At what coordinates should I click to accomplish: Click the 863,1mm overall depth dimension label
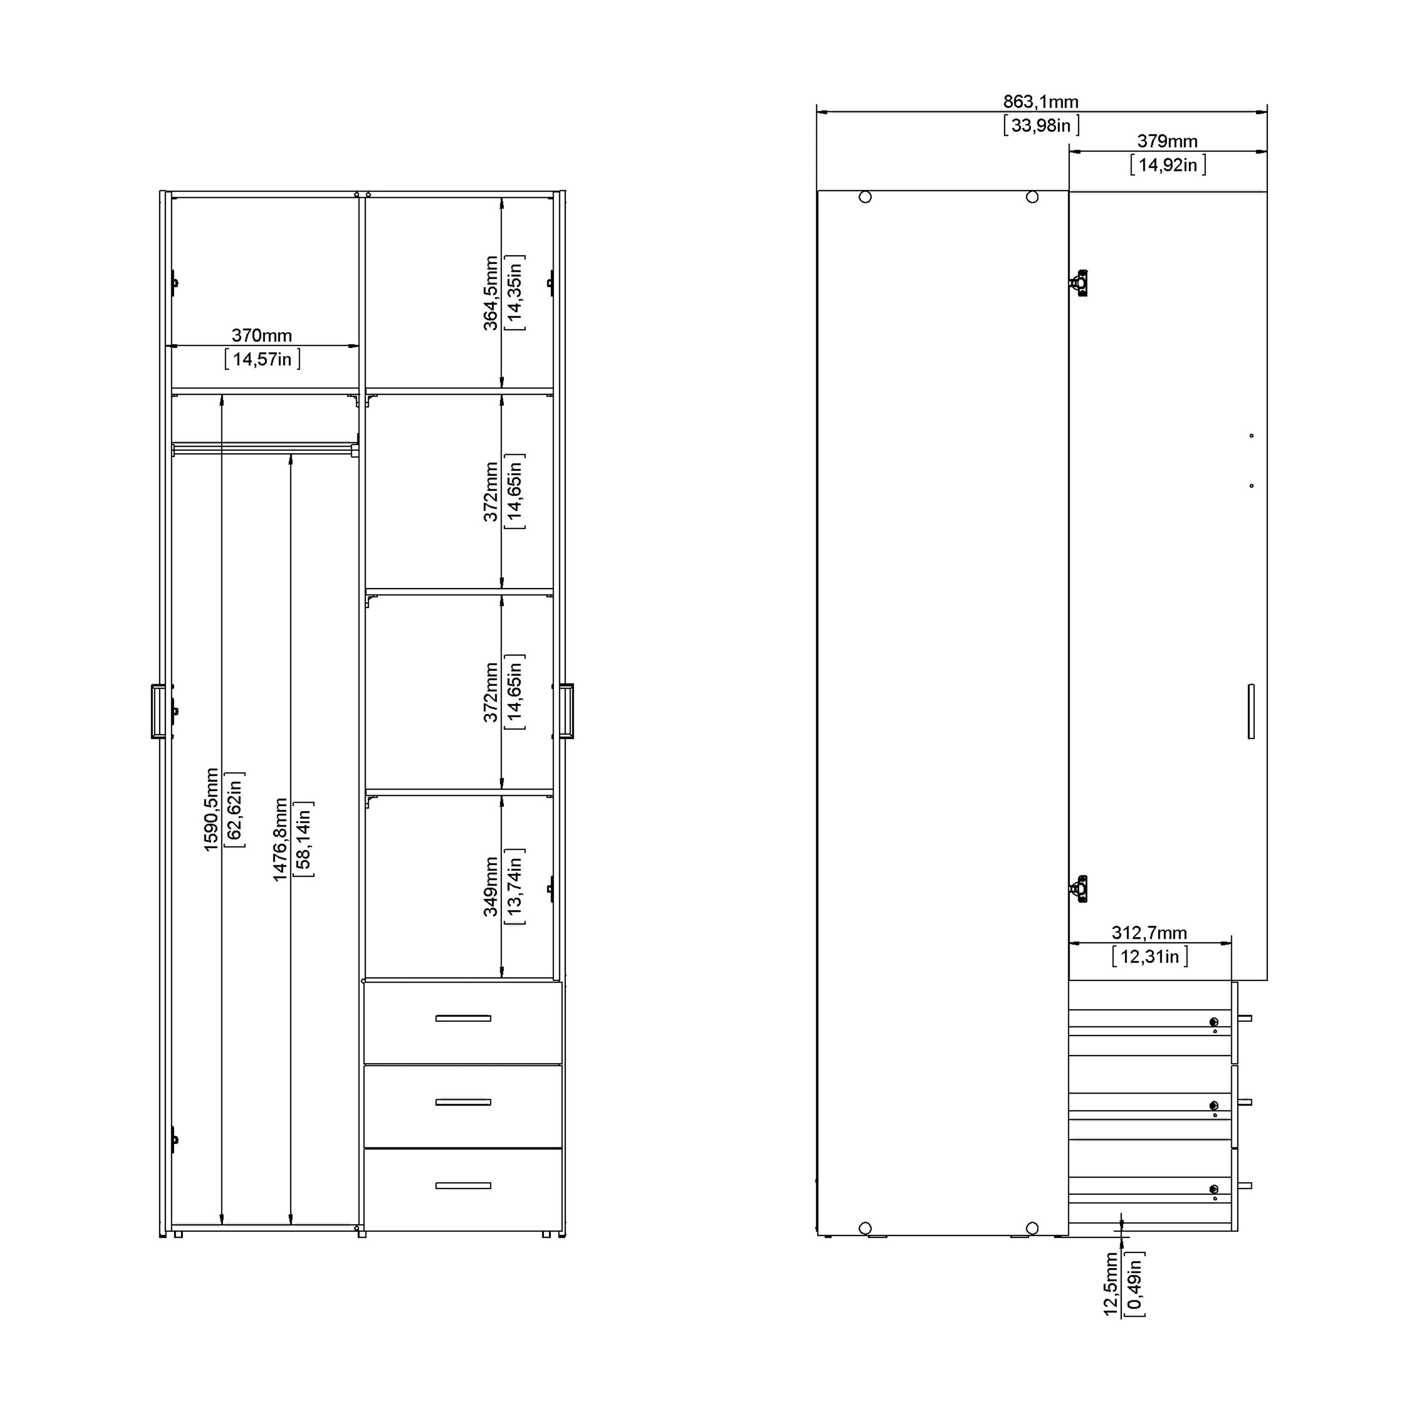click(x=1041, y=102)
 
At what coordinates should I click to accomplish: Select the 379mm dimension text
click(x=1167, y=141)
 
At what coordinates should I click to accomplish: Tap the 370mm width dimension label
click(x=262, y=335)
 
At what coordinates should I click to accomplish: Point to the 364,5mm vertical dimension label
click(x=492, y=293)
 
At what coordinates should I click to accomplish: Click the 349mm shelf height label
click(x=492, y=887)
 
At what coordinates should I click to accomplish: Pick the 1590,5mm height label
click(x=211, y=809)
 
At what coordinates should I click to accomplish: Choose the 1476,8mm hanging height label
click(x=281, y=840)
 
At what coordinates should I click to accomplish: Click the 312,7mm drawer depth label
click(x=1149, y=933)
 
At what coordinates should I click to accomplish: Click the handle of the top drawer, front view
click(x=463, y=1018)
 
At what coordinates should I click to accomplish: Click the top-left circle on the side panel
click(x=865, y=197)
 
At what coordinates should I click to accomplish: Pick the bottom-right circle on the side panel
click(x=1032, y=1228)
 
